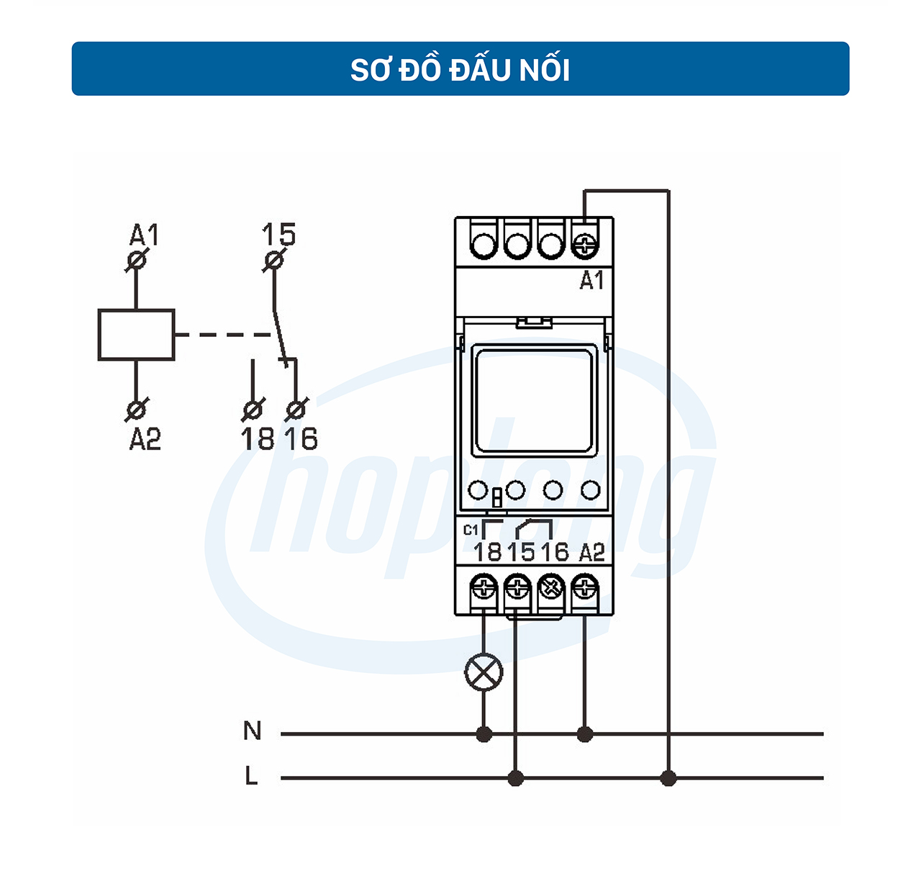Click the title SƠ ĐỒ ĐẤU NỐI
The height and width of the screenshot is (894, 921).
[x=460, y=70]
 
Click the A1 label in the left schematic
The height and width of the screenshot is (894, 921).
[x=144, y=235]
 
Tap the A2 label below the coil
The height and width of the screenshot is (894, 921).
[x=145, y=438]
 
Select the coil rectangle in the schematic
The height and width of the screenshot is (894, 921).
[x=136, y=335]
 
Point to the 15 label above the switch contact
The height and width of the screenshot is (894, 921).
[x=278, y=235]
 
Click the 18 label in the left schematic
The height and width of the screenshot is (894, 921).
[x=257, y=438]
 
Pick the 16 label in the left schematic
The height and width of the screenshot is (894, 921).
[x=301, y=438]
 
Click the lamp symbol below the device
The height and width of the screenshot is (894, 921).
[x=484, y=673]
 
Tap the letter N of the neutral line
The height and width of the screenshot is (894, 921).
[x=252, y=731]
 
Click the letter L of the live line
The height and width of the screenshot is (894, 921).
[x=251, y=776]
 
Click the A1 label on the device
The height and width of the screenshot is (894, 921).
[x=591, y=280]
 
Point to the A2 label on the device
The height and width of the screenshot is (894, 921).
[x=591, y=553]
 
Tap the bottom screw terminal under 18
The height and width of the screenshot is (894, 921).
[x=484, y=590]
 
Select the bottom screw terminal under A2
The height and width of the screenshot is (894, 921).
[x=585, y=590]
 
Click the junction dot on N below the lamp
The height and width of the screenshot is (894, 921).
[x=484, y=734]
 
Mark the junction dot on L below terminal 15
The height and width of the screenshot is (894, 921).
[x=515, y=778]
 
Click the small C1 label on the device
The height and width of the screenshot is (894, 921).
[x=471, y=530]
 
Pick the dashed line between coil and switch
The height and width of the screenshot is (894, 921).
[x=223, y=335]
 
